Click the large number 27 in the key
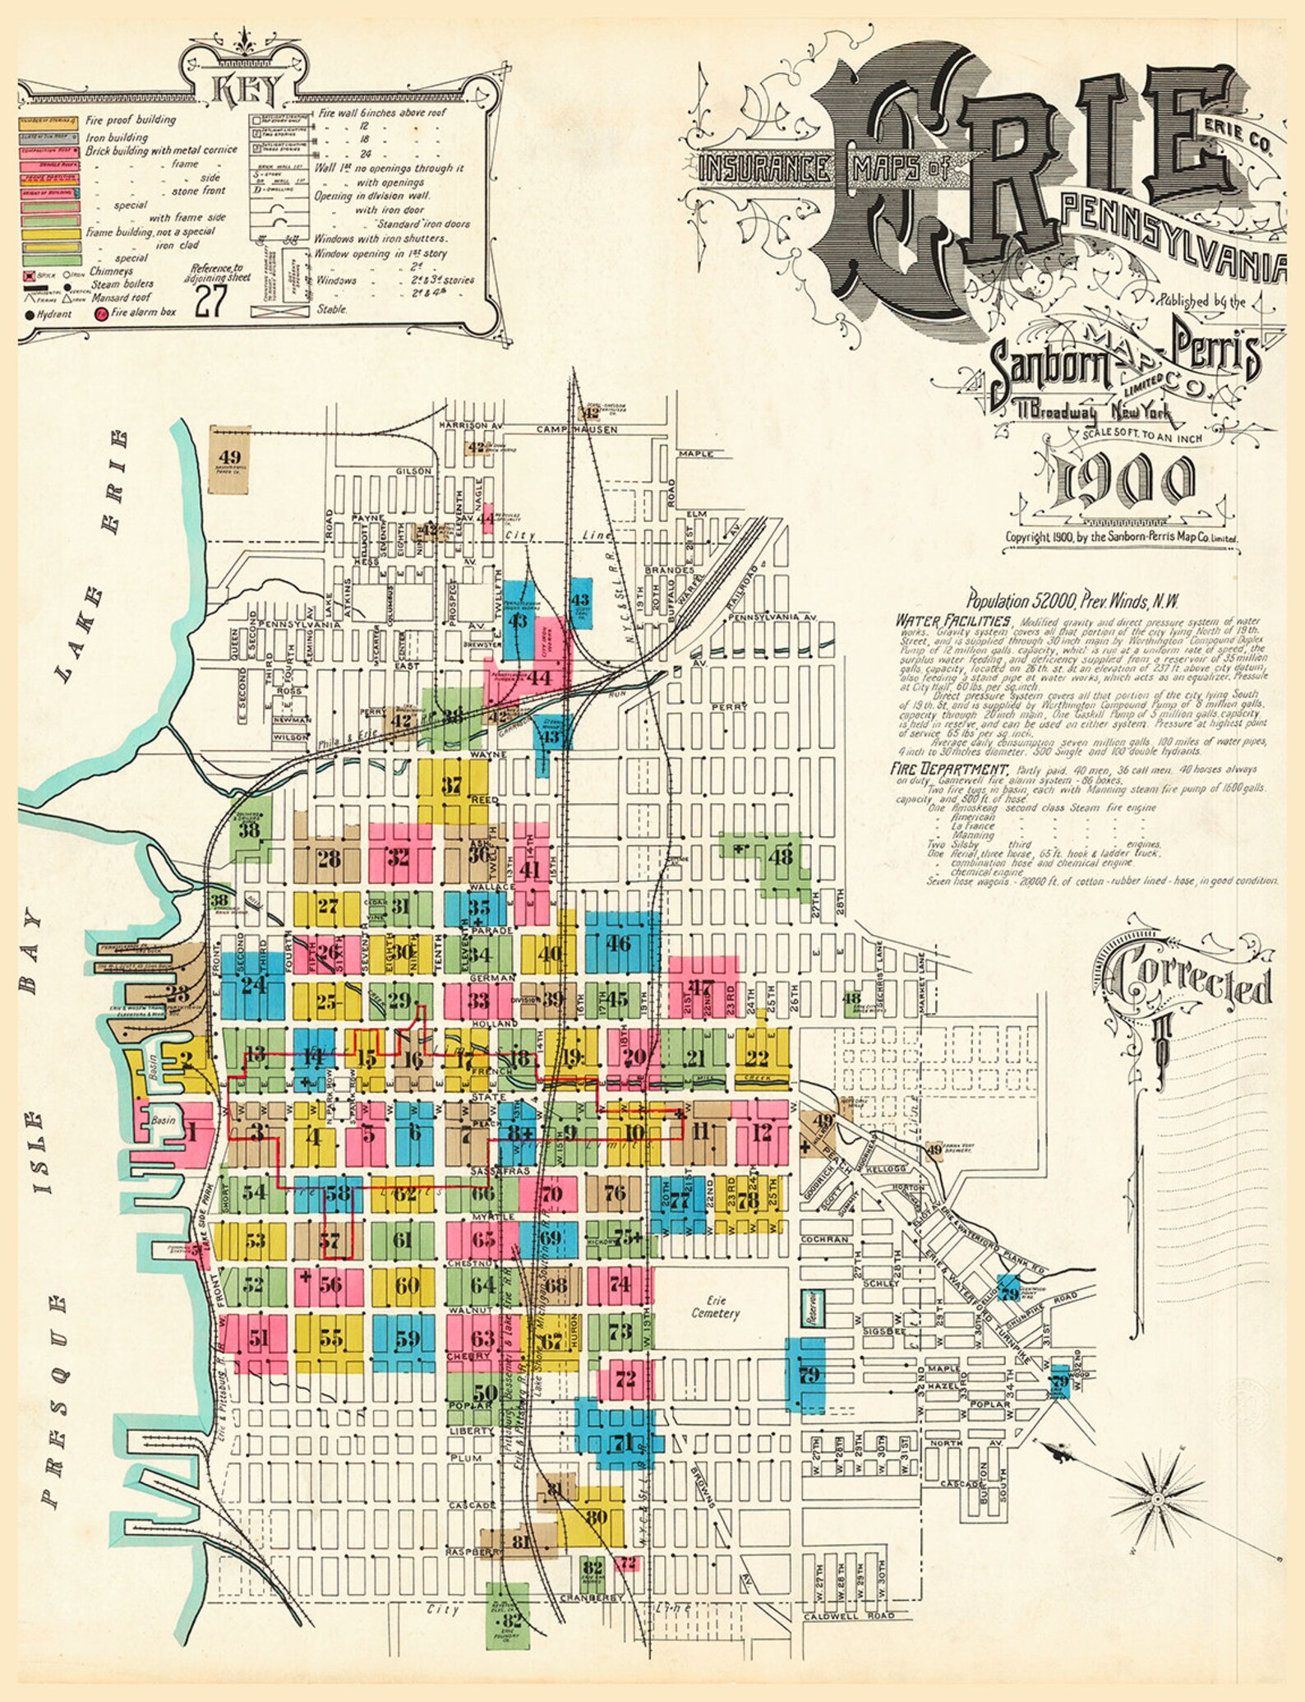pos(210,301)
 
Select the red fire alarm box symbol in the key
pos(100,313)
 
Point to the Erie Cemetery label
pos(714,1307)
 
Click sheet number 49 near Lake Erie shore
pos(229,458)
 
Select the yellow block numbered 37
pos(451,785)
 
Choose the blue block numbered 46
pos(618,943)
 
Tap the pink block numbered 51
pos(258,1338)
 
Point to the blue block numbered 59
pos(408,1338)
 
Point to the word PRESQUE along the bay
pos(52,1398)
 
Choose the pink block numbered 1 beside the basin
pos(191,1134)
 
